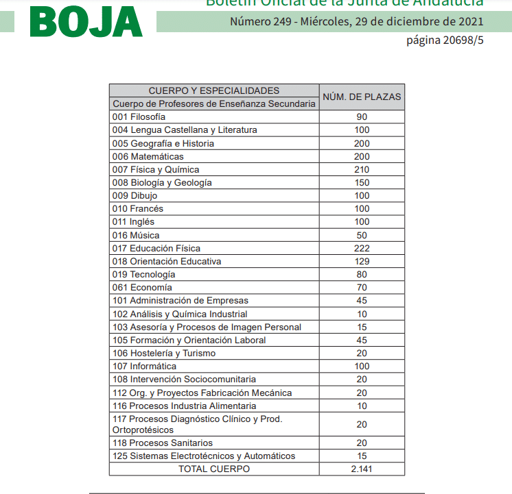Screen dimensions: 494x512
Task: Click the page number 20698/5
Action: pos(445,40)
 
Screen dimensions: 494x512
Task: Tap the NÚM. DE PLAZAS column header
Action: pos(362,97)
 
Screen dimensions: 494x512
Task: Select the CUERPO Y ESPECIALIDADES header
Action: pos(214,90)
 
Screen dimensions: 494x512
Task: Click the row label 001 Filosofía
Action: pos(139,117)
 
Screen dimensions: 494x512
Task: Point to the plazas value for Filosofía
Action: pos(362,117)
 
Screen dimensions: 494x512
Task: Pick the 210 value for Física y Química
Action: pos(362,169)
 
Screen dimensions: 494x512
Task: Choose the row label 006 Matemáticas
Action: pos(148,156)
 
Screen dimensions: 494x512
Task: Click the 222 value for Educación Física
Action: pos(362,248)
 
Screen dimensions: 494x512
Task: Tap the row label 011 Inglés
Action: pos(134,222)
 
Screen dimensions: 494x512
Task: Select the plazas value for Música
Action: pos(362,235)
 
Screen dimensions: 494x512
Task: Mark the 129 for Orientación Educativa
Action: pos(362,261)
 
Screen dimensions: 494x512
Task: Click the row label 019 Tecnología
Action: pos(143,274)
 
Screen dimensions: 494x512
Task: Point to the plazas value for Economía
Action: pos(362,287)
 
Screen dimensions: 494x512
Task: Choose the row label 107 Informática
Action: pos(144,366)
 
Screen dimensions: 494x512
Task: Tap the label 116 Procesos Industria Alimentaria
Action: pos(184,406)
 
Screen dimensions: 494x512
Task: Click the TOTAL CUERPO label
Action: pos(214,469)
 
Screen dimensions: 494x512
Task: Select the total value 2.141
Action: pos(362,469)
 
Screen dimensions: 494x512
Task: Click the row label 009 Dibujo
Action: pos(135,195)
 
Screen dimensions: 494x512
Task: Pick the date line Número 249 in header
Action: pos(356,21)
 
